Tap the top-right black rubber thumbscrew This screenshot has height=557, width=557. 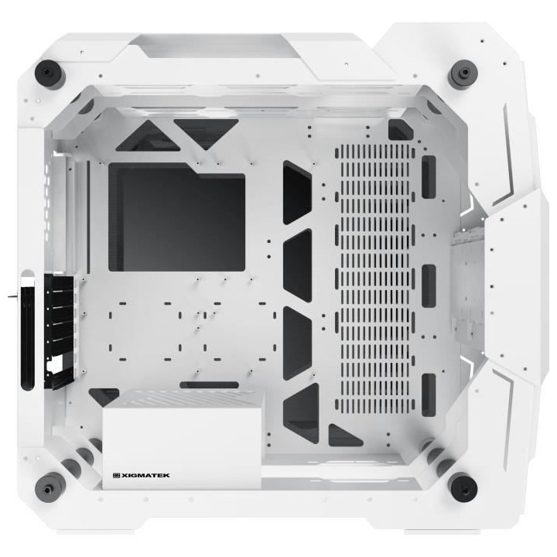463,74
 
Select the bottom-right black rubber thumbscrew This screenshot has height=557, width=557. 463,486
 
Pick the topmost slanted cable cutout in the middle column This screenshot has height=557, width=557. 297,192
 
